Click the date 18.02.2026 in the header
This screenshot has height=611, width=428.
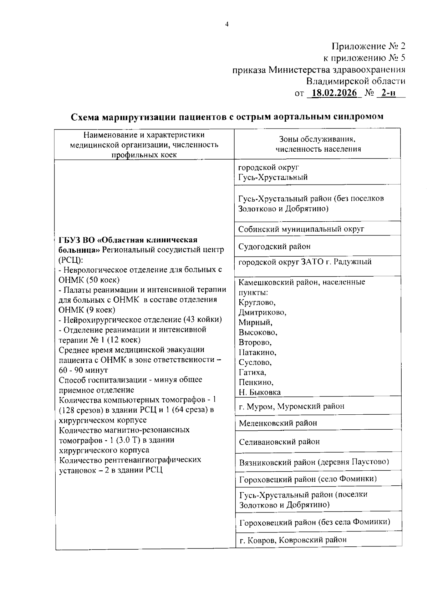tap(334, 93)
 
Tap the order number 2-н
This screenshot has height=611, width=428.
tap(388, 93)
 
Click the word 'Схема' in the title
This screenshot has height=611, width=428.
tap(85, 117)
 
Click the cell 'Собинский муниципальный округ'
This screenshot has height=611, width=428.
tap(301, 229)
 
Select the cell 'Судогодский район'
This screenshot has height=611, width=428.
tap(274, 246)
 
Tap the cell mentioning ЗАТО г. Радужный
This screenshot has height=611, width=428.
tap(305, 262)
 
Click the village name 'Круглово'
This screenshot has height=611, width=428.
tap(257, 303)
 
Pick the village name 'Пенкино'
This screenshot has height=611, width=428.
tap(256, 382)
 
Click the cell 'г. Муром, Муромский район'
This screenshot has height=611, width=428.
tap(291, 406)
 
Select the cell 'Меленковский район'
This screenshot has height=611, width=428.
tap(278, 423)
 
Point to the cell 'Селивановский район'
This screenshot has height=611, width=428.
tap(279, 442)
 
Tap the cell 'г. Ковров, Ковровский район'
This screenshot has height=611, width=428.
tap(293, 540)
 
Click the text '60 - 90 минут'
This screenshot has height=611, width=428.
tap(83, 370)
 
